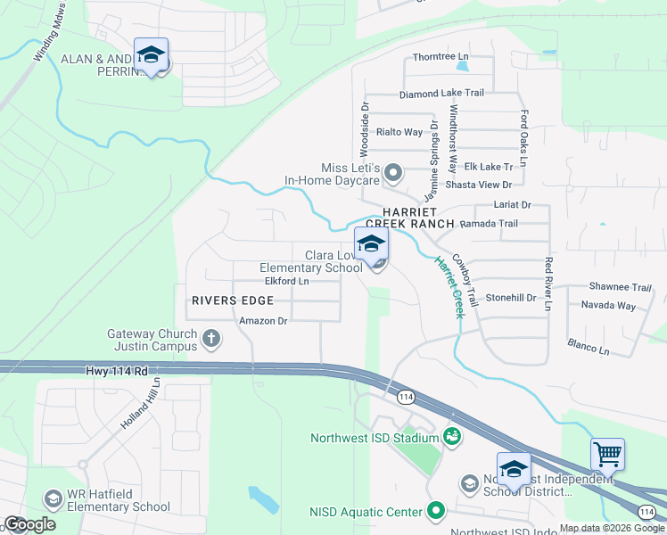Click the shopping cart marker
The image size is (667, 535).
(x=607, y=454)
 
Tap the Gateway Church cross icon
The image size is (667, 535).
(x=211, y=338)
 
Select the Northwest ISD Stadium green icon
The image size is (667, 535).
(x=452, y=437)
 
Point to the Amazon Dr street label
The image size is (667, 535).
(x=263, y=320)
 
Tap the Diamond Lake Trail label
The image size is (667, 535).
(x=441, y=93)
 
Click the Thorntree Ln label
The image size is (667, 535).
(x=441, y=57)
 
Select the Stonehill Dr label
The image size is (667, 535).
(x=510, y=297)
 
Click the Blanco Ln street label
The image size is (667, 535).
(x=589, y=346)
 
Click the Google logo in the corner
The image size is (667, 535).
(x=29, y=524)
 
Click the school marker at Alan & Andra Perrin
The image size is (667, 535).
(x=152, y=55)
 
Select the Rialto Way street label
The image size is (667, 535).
(x=399, y=132)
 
